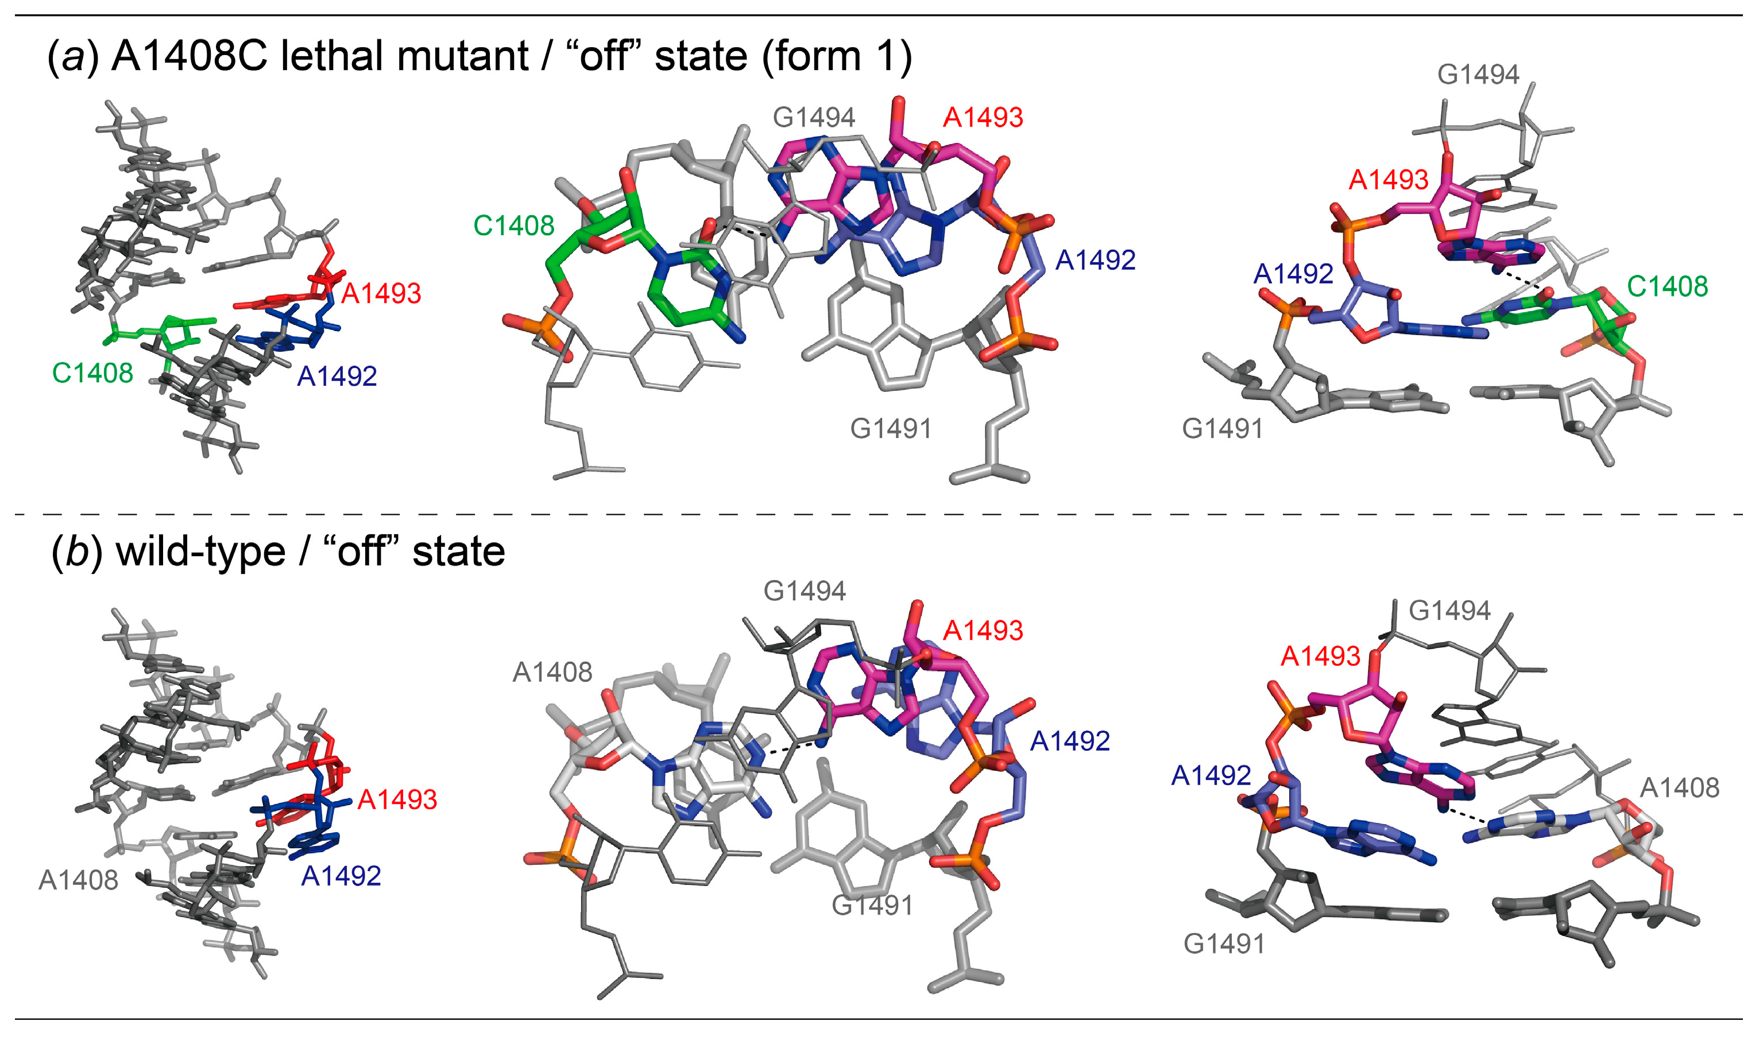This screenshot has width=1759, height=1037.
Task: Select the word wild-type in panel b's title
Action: click(x=200, y=551)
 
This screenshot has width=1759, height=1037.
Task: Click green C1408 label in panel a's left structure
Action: click(x=92, y=373)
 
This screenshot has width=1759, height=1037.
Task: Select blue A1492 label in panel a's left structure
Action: click(x=337, y=376)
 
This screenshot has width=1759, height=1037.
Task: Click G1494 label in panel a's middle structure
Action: click(x=813, y=118)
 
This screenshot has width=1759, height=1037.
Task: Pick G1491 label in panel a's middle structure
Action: click(x=891, y=428)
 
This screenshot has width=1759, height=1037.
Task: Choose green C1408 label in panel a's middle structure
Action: click(x=514, y=226)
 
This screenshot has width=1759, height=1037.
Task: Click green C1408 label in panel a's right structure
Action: click(x=1668, y=286)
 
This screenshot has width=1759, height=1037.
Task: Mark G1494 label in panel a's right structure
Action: click(x=1478, y=75)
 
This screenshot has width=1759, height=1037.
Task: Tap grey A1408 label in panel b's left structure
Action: click(x=78, y=880)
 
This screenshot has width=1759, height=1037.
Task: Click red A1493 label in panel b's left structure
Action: click(x=397, y=799)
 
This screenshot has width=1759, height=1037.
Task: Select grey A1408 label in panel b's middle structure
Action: click(x=552, y=672)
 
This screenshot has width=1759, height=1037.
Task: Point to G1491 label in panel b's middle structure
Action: click(x=872, y=906)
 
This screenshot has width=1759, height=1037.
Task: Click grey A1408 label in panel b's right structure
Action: click(x=1679, y=787)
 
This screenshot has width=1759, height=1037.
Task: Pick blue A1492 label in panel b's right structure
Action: click(x=1211, y=775)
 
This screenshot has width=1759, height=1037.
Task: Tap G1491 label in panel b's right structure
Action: click(x=1224, y=944)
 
